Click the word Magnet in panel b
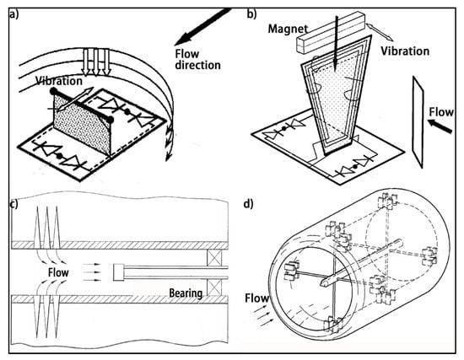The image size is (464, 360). pyautogui.click(x=288, y=30)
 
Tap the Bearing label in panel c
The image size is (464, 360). pyautogui.click(x=186, y=293)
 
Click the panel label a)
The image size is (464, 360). pyautogui.click(x=13, y=14)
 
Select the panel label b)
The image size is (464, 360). pyautogui.click(x=252, y=13)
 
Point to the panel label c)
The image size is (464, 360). pyautogui.click(x=13, y=204)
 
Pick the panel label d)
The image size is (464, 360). pyautogui.click(x=248, y=204)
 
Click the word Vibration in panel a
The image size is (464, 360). pyautogui.click(x=59, y=81)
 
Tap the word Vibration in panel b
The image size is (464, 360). pyautogui.click(x=405, y=51)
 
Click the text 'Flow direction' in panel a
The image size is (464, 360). pyautogui.click(x=197, y=60)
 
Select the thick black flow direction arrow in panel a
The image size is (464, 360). pyautogui.click(x=202, y=27)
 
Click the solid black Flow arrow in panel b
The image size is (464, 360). pyautogui.click(x=440, y=126)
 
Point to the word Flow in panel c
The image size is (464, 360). pyautogui.click(x=58, y=272)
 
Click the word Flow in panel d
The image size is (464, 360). pyautogui.click(x=256, y=298)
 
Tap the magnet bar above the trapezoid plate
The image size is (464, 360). pyautogui.click(x=330, y=33)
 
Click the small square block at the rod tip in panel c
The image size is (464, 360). pyautogui.click(x=119, y=272)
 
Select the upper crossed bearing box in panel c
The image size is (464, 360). pyautogui.click(x=214, y=257)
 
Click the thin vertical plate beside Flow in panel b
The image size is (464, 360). pyautogui.click(x=418, y=122)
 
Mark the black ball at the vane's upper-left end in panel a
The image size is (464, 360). pyautogui.click(x=53, y=91)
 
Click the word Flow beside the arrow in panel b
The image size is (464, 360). pyautogui.click(x=441, y=112)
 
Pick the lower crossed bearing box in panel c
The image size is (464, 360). pyautogui.click(x=214, y=287)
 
